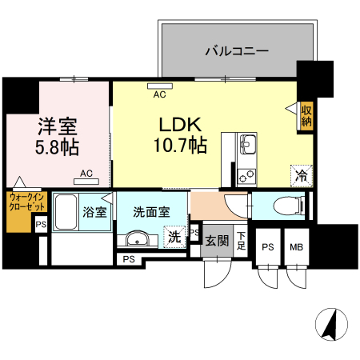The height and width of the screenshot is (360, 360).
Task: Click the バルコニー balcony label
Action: [x=237, y=50]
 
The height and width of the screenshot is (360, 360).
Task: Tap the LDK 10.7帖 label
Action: [x=181, y=135]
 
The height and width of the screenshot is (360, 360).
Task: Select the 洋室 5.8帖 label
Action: [x=57, y=137]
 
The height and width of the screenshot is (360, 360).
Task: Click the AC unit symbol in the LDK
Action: [x=160, y=86]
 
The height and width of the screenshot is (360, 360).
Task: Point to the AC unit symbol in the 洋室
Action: [x=86, y=182]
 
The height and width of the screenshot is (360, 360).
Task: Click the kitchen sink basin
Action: [x=248, y=144]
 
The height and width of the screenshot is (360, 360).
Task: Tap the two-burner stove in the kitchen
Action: [x=246, y=177]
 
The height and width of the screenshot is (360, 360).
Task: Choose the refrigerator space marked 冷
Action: [x=302, y=176]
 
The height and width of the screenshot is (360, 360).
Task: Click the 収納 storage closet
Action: [x=306, y=116]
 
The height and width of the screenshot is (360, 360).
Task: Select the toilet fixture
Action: [x=289, y=206]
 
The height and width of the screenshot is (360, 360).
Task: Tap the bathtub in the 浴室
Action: [x=66, y=212]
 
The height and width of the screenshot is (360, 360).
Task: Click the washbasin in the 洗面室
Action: [x=138, y=239]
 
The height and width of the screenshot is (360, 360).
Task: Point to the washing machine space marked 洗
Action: [x=174, y=237]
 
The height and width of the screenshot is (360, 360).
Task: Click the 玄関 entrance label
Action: [x=217, y=241]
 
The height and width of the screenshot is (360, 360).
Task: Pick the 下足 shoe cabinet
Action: [x=241, y=241]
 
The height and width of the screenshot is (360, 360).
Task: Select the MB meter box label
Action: [x=297, y=247]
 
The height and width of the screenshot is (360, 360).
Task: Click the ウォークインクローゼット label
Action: [x=26, y=202]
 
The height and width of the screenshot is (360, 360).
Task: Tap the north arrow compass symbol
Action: [x=331, y=325]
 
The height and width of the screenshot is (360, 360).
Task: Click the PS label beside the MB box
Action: [x=268, y=247]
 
